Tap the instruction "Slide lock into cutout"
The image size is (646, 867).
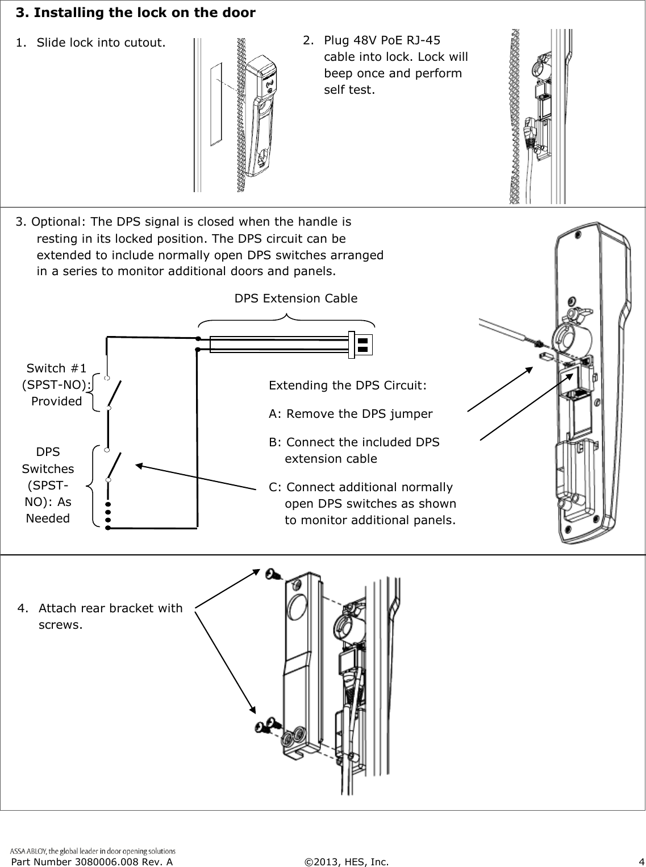point(101,43)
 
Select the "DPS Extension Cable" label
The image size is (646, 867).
point(296,298)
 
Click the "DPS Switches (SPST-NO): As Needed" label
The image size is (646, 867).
point(48,485)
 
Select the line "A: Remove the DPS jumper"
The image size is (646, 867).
point(351,413)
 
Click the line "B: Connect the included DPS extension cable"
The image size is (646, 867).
point(355,450)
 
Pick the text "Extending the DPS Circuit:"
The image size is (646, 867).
point(348,385)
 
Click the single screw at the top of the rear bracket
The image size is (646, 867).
point(273,574)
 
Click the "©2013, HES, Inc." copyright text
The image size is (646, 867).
point(347,862)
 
